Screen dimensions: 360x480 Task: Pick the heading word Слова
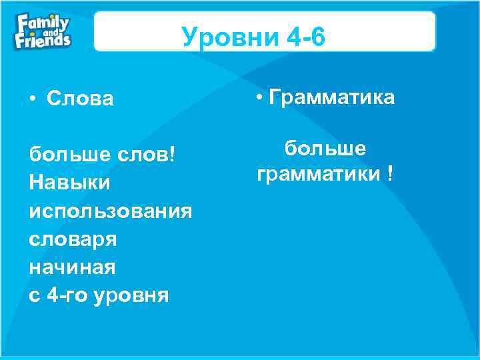[x=81, y=99]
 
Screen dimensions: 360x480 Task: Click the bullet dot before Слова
[x=33, y=99]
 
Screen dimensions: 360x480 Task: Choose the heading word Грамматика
[x=331, y=98]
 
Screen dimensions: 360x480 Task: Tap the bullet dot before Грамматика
[x=260, y=98]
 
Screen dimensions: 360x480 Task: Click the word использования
[x=111, y=211]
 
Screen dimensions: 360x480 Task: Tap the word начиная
[x=73, y=267]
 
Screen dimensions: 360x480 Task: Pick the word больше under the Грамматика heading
[x=325, y=147]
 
